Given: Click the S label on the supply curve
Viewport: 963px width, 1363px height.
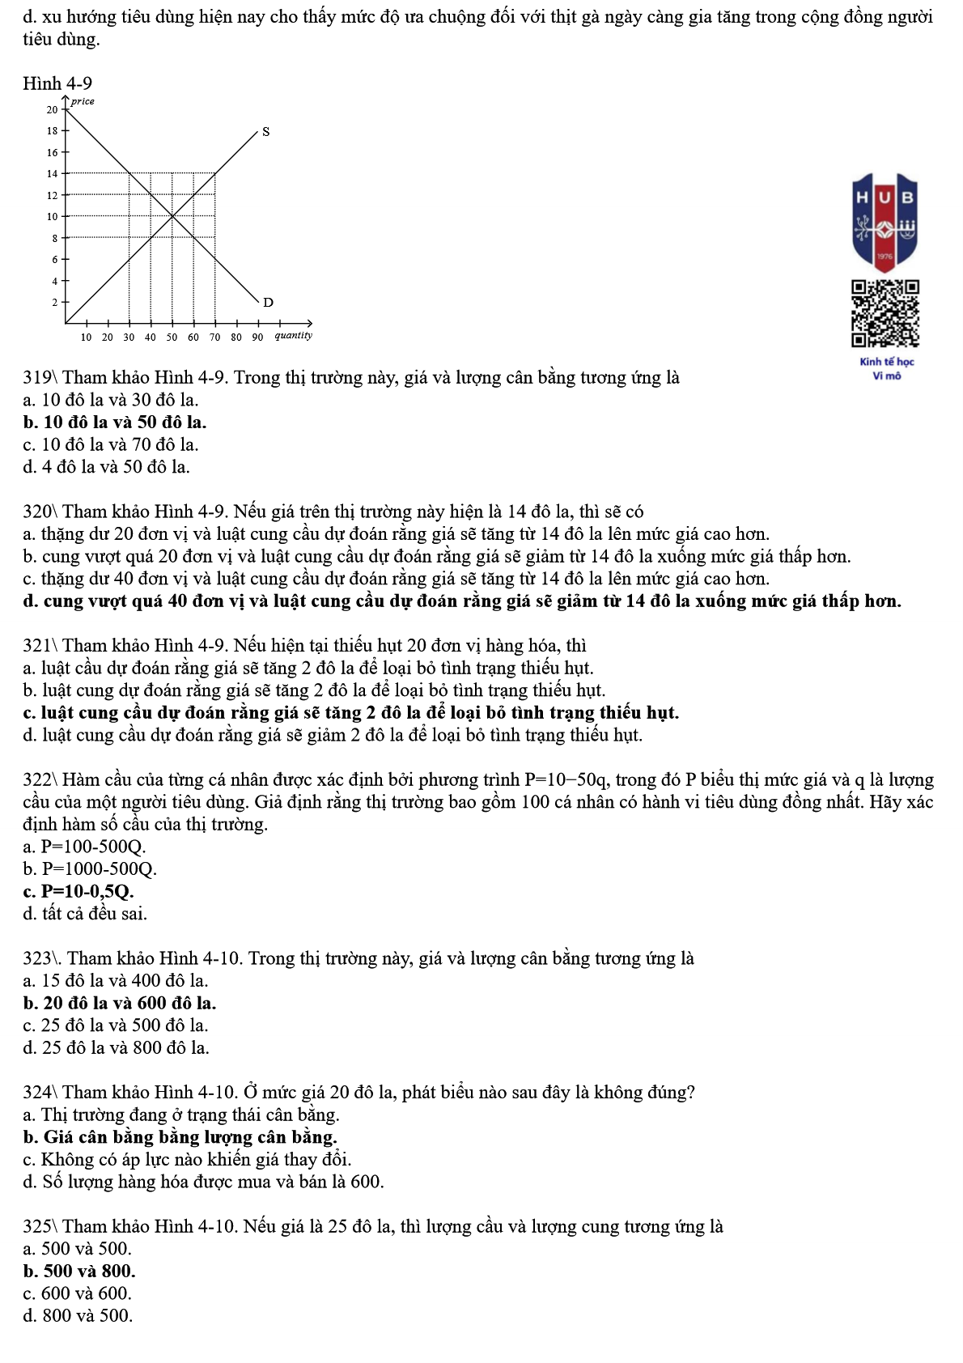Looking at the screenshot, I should [265, 131].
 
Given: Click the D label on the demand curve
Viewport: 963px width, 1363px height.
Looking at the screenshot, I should [269, 302].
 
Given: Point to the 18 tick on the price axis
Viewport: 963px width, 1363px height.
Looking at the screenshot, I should [53, 130].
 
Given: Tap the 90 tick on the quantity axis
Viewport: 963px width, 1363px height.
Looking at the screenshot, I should [257, 337].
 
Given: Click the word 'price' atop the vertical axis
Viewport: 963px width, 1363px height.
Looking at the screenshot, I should [83, 101].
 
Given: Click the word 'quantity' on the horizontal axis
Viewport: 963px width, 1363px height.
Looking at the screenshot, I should [293, 335].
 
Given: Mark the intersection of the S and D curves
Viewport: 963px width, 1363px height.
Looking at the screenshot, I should [172, 216].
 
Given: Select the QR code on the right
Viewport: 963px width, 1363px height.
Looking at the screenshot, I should [885, 314].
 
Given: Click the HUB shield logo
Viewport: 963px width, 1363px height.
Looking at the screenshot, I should [885, 220].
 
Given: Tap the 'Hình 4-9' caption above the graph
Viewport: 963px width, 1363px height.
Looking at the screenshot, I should [57, 83].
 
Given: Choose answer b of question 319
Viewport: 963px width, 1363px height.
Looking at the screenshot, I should [115, 422].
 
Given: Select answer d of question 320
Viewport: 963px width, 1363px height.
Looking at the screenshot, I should [462, 601].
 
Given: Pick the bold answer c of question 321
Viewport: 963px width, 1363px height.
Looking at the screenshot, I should [351, 712].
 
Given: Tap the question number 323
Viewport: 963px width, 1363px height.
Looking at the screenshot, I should [37, 958].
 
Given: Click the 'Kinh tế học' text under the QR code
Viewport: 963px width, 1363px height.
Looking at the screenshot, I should [887, 362].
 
